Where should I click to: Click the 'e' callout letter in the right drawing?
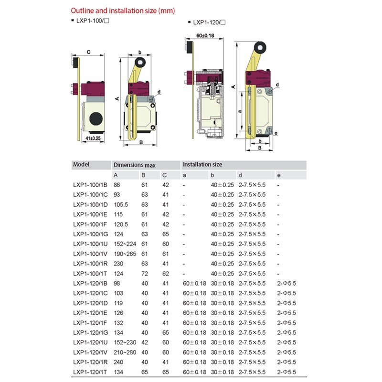[x=276, y=133]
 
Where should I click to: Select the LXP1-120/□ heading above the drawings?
[x=209, y=22]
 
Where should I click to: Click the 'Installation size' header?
[x=202, y=165]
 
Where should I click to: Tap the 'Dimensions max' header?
[x=135, y=165]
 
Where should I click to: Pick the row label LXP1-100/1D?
[x=90, y=204]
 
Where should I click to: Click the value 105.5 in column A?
[x=121, y=204]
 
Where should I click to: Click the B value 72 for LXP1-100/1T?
[x=144, y=273]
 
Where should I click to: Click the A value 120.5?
[x=121, y=224]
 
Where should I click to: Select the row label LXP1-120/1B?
[x=90, y=283]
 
